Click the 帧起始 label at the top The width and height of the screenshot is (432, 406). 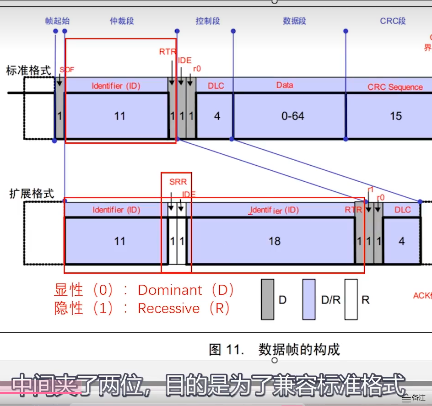[x=58, y=21]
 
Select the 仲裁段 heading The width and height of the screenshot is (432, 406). [x=121, y=21]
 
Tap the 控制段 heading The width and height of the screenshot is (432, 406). [x=208, y=21]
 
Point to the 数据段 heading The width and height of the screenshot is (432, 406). [x=294, y=21]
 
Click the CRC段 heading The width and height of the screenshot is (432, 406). [x=393, y=21]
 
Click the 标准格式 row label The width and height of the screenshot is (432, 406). [x=28, y=71]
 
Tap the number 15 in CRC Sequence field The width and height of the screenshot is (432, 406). [x=395, y=116]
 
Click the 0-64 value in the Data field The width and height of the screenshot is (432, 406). [x=292, y=116]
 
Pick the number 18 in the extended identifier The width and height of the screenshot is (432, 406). [x=275, y=241]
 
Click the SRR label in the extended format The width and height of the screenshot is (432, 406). [x=178, y=182]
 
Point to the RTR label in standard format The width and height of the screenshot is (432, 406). [x=167, y=52]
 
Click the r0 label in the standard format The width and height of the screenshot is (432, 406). [x=197, y=69]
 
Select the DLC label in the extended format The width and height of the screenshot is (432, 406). [x=403, y=210]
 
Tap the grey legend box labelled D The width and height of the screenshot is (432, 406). [x=268, y=299]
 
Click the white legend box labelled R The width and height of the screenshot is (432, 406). [x=351, y=299]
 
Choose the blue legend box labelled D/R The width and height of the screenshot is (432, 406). [x=309, y=299]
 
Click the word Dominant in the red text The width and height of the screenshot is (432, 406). [x=170, y=290]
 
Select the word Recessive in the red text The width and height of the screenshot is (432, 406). [x=169, y=308]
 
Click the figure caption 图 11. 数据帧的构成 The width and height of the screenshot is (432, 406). [x=275, y=349]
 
